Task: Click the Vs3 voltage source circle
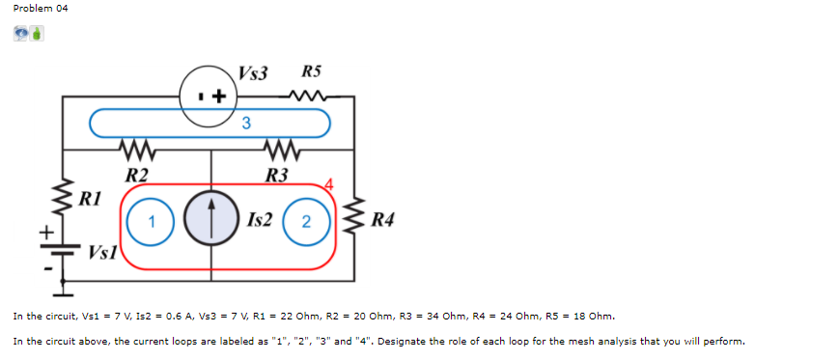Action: click(x=210, y=95)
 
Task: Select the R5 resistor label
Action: click(x=312, y=71)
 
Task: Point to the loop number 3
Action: click(x=246, y=123)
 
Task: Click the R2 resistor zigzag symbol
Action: click(x=137, y=151)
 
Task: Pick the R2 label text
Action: click(x=137, y=175)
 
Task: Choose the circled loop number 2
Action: click(x=305, y=221)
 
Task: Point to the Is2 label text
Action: click(x=260, y=221)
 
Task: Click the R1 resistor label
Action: click(x=91, y=200)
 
